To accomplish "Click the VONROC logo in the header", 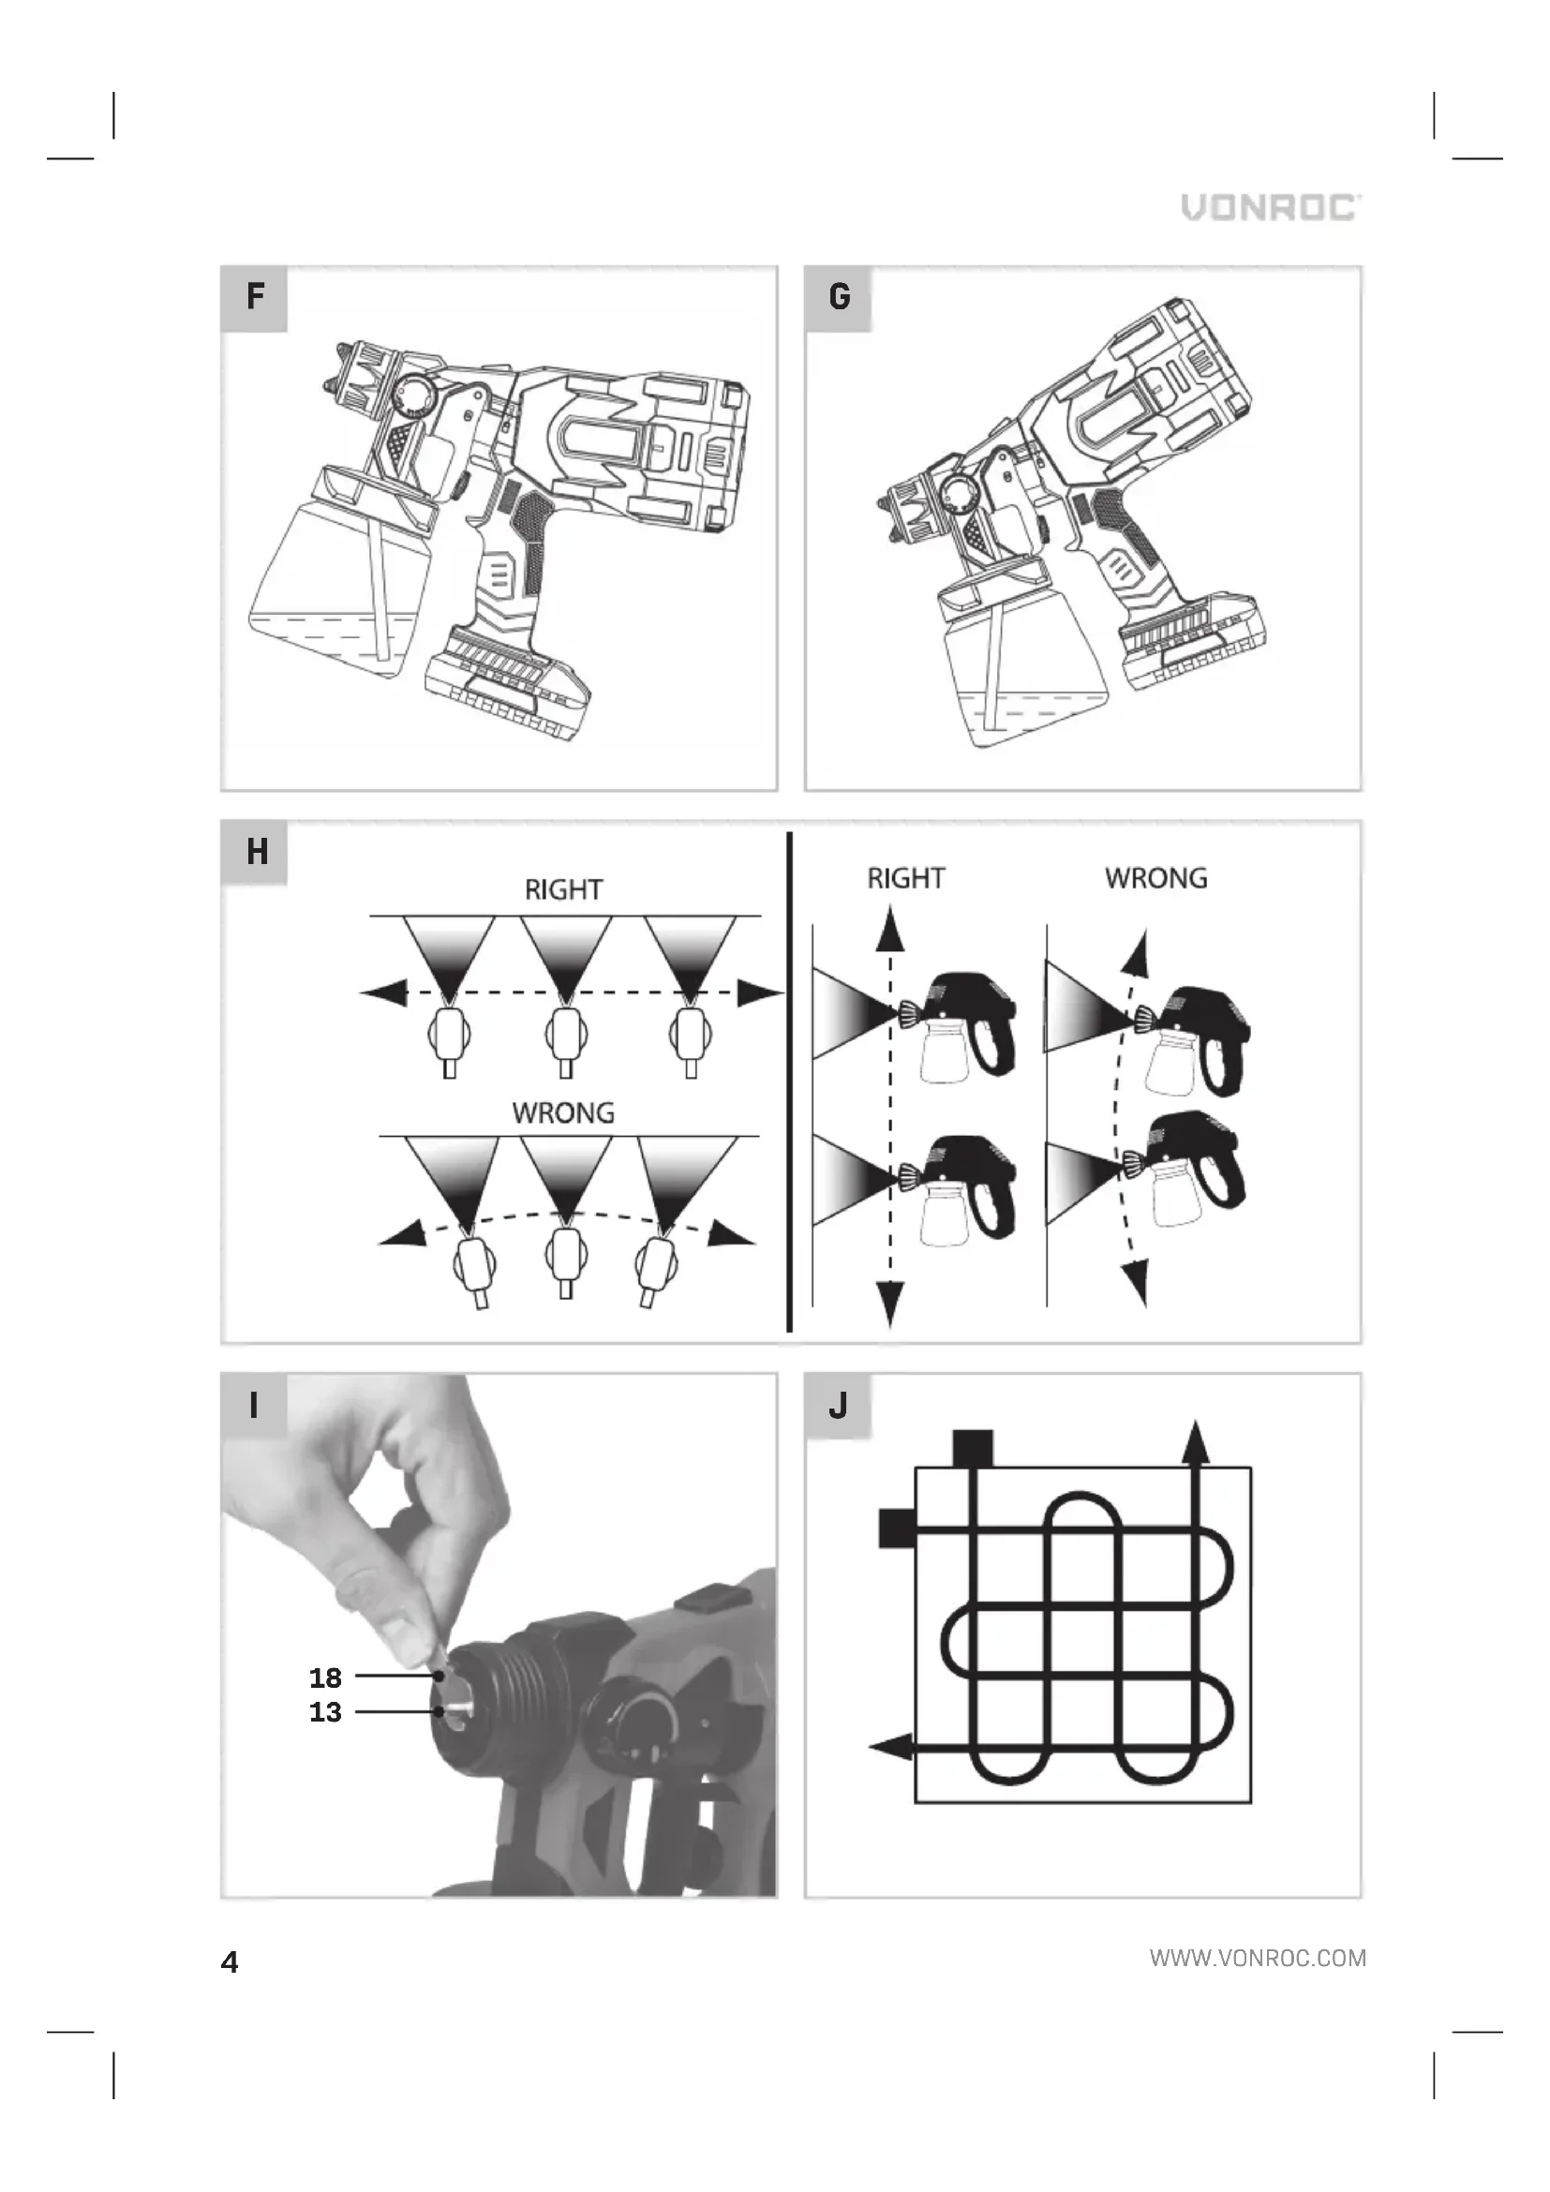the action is [x=1272, y=207].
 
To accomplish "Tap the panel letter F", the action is [x=255, y=296].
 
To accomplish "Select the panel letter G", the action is [x=839, y=297].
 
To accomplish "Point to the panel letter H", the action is [x=257, y=851].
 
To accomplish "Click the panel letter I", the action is [x=254, y=1405].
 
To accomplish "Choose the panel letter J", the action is [x=838, y=1405].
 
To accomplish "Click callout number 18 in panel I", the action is [x=325, y=1678].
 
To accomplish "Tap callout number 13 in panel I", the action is [x=325, y=1712].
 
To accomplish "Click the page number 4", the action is [x=229, y=1961].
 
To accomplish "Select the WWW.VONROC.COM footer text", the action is [x=1258, y=1959].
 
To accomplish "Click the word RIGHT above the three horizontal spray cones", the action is [x=563, y=889].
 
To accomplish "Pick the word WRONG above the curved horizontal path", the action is [x=563, y=1113].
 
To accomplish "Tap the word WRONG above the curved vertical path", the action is [x=1155, y=878].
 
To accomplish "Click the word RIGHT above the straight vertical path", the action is [x=906, y=878].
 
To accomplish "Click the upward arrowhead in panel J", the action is [x=1195, y=1442].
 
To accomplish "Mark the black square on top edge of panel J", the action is [x=973, y=1447].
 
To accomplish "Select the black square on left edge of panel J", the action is [x=897, y=1528].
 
